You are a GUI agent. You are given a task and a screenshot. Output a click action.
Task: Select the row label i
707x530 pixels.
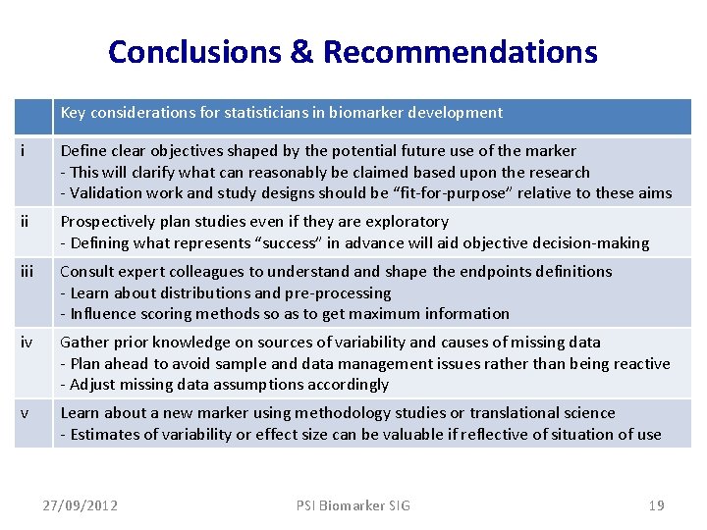(x=23, y=151)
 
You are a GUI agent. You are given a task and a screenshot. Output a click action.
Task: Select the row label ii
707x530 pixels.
(x=25, y=222)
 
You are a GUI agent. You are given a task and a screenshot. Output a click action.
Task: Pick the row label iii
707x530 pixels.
(x=27, y=272)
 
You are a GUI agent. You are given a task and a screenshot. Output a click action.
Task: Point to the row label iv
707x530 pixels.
(x=26, y=343)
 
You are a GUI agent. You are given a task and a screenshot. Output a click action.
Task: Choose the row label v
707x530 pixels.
(x=24, y=413)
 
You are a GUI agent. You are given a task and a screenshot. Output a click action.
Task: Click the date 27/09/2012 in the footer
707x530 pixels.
(x=81, y=505)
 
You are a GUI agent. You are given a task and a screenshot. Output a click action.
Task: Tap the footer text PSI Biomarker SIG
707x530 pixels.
(x=353, y=505)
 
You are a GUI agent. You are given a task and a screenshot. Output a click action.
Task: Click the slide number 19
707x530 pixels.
(x=656, y=505)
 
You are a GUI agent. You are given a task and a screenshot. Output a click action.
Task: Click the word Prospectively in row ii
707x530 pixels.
(x=106, y=222)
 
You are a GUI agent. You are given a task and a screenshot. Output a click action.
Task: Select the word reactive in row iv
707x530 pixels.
(x=641, y=364)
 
